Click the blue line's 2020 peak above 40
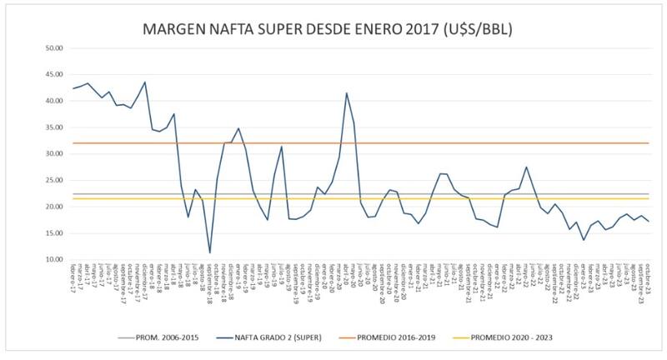click(347, 93)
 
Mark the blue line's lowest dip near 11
click(210, 252)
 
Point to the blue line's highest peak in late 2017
click(145, 82)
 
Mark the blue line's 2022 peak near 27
click(526, 167)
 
